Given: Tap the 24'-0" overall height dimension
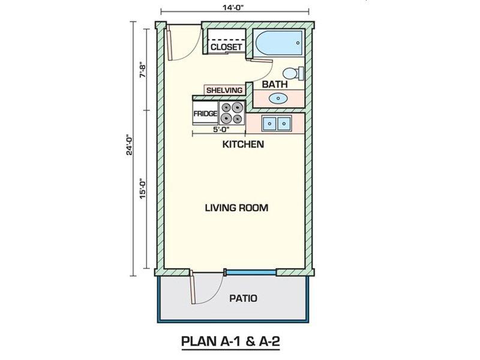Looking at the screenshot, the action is (x=130, y=145).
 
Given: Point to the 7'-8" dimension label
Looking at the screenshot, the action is (x=143, y=71).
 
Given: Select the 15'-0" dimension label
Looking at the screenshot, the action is (x=143, y=188).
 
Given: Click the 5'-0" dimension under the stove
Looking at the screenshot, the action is (x=221, y=129).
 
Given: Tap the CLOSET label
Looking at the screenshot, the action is (x=226, y=47).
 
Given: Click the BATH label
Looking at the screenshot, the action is (x=275, y=84).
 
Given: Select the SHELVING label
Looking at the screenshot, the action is (x=224, y=91).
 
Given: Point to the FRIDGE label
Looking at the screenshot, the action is (x=205, y=113).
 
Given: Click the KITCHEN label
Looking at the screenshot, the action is (x=243, y=144).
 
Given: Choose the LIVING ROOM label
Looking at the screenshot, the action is (x=236, y=208).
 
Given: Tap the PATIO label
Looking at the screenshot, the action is (x=243, y=298).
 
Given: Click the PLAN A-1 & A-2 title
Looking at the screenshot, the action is (x=230, y=341).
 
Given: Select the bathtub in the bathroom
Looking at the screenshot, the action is (x=278, y=43).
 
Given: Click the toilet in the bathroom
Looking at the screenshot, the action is (x=293, y=73).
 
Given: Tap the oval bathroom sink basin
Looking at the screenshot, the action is (x=278, y=98).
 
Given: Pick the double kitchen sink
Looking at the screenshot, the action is (x=277, y=124).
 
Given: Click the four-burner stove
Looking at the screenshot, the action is (x=232, y=113).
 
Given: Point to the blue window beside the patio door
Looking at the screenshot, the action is (x=251, y=272).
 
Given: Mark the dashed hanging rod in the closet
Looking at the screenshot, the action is (x=227, y=40).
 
